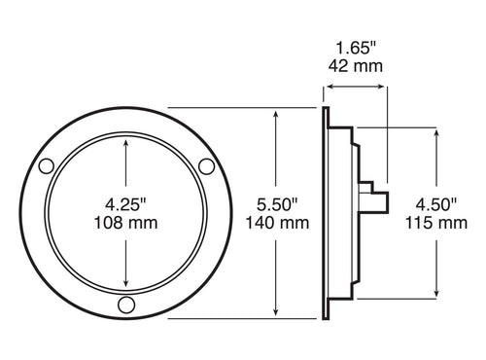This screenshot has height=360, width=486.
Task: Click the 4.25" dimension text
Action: click(x=125, y=204)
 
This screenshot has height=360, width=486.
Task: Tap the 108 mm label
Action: click(x=125, y=223)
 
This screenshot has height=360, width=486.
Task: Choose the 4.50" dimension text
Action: click(x=433, y=204)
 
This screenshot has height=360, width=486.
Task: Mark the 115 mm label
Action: click(x=433, y=223)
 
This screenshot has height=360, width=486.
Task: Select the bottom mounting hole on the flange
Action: click(x=125, y=306)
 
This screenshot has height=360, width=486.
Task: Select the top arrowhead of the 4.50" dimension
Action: click(x=433, y=130)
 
